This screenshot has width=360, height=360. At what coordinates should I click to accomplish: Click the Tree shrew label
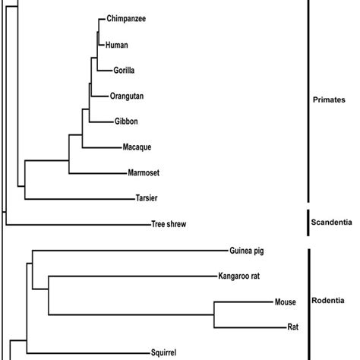(169, 225)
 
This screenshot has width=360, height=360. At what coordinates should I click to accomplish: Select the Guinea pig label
(246, 250)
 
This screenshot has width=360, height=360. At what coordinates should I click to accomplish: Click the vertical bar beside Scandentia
(307, 221)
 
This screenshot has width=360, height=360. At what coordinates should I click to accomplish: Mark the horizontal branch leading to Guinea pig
(129, 250)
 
